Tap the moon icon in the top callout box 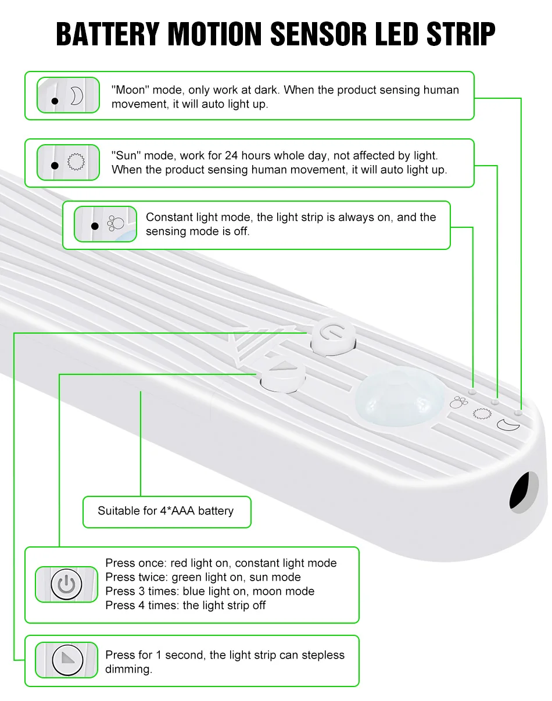(77, 96)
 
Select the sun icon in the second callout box (76, 162)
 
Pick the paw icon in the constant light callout (116, 224)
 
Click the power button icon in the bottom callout (67, 584)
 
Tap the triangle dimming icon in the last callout (67, 659)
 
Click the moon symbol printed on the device (508, 425)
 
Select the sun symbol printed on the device (481, 413)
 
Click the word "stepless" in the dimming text (319, 655)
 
